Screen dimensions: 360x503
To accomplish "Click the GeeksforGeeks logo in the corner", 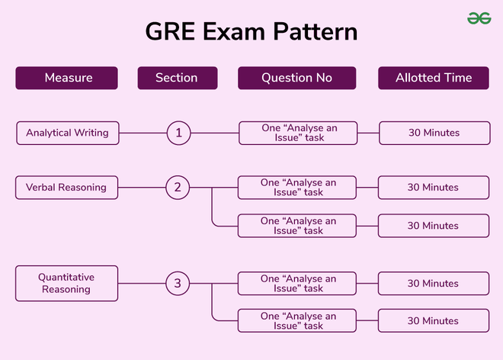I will click(x=479, y=18).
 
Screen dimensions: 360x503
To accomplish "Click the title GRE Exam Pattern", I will click(x=251, y=33).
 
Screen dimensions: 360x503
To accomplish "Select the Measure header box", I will click(x=67, y=78).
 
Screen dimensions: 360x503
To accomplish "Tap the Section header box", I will click(x=177, y=78).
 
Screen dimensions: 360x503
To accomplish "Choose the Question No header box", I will click(x=296, y=78).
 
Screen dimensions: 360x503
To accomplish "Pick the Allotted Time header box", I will click(x=434, y=78).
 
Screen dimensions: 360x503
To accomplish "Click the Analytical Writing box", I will click(x=67, y=133).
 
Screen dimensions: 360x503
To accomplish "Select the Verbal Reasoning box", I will click(x=67, y=187).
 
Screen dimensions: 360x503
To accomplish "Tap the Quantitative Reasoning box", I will click(x=67, y=284).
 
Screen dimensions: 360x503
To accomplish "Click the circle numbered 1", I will click(x=178, y=133).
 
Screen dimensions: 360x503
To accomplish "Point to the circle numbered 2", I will click(x=178, y=188).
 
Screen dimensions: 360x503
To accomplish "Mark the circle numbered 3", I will click(x=178, y=284).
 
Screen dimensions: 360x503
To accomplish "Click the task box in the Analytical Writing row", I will click(x=298, y=133).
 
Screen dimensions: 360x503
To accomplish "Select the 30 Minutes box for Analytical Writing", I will click(x=434, y=133).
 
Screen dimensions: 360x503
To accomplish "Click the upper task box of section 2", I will click(x=298, y=188).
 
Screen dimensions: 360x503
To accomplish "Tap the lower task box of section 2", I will click(x=298, y=226).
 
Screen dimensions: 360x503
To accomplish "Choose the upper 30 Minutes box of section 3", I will click(x=434, y=284).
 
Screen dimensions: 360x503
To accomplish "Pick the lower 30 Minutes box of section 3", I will click(x=434, y=320).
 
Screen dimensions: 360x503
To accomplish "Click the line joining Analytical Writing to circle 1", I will click(x=143, y=133).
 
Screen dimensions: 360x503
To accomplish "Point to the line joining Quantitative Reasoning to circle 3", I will click(x=143, y=284).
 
